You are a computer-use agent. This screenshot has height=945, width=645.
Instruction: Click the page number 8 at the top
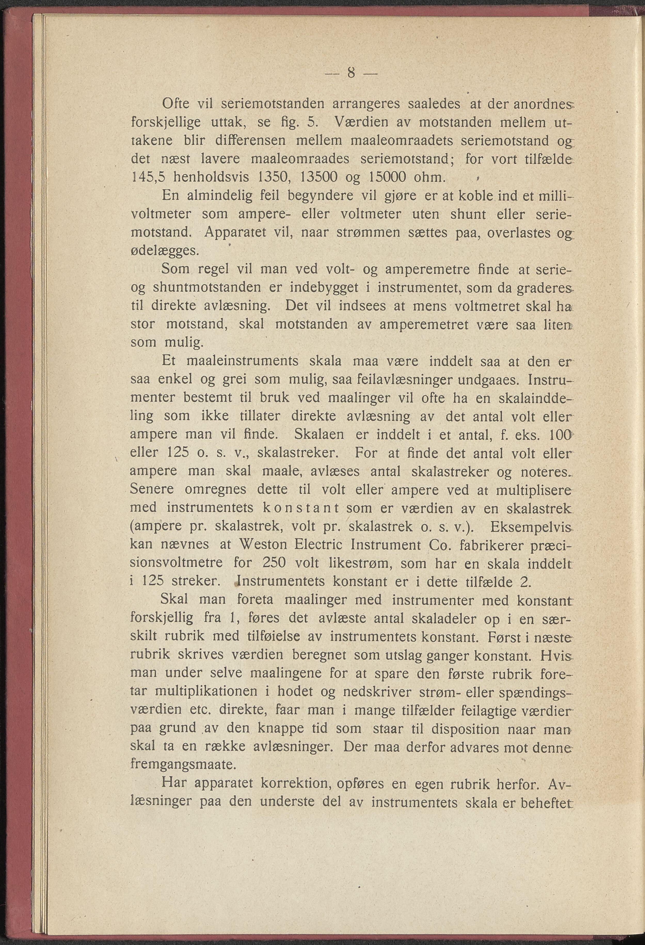click(x=352, y=73)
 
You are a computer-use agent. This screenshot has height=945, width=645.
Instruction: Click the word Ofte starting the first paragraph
click(x=176, y=104)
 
